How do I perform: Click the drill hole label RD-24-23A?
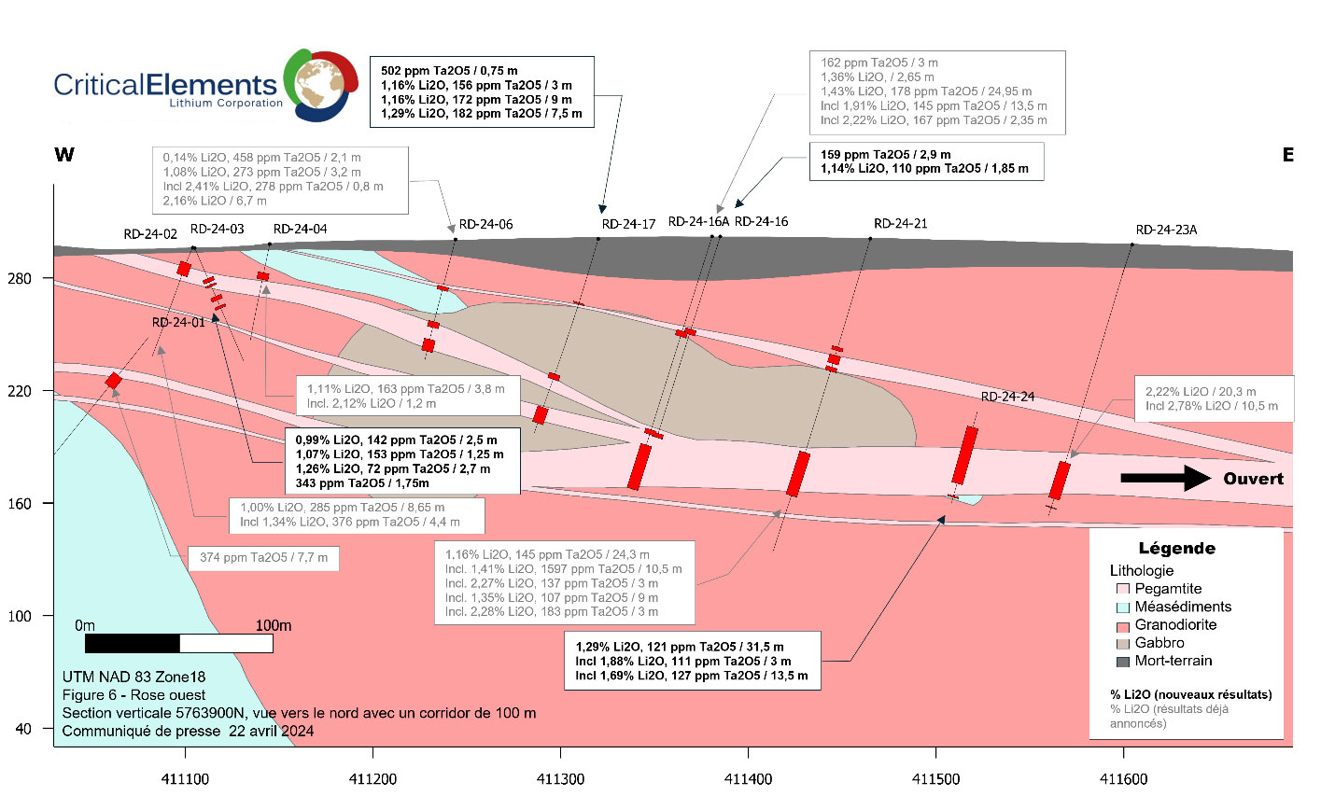click(1165, 230)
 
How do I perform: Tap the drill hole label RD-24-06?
click(485, 224)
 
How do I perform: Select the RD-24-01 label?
click(178, 323)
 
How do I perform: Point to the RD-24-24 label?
click(1007, 397)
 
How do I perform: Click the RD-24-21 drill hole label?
click(900, 224)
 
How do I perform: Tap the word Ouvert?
click(1253, 479)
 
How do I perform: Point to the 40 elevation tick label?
click(23, 729)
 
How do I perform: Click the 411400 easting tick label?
click(748, 779)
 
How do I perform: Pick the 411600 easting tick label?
click(1123, 779)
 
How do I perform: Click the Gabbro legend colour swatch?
click(1122, 644)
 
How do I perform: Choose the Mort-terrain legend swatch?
click(1122, 662)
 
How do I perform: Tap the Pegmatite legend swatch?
click(1122, 590)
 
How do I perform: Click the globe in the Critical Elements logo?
click(320, 85)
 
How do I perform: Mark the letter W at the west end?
click(64, 155)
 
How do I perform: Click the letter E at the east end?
click(1287, 155)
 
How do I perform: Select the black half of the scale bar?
click(132, 644)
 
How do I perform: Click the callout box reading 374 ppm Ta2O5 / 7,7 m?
click(263, 558)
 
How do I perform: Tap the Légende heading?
click(1176, 549)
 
